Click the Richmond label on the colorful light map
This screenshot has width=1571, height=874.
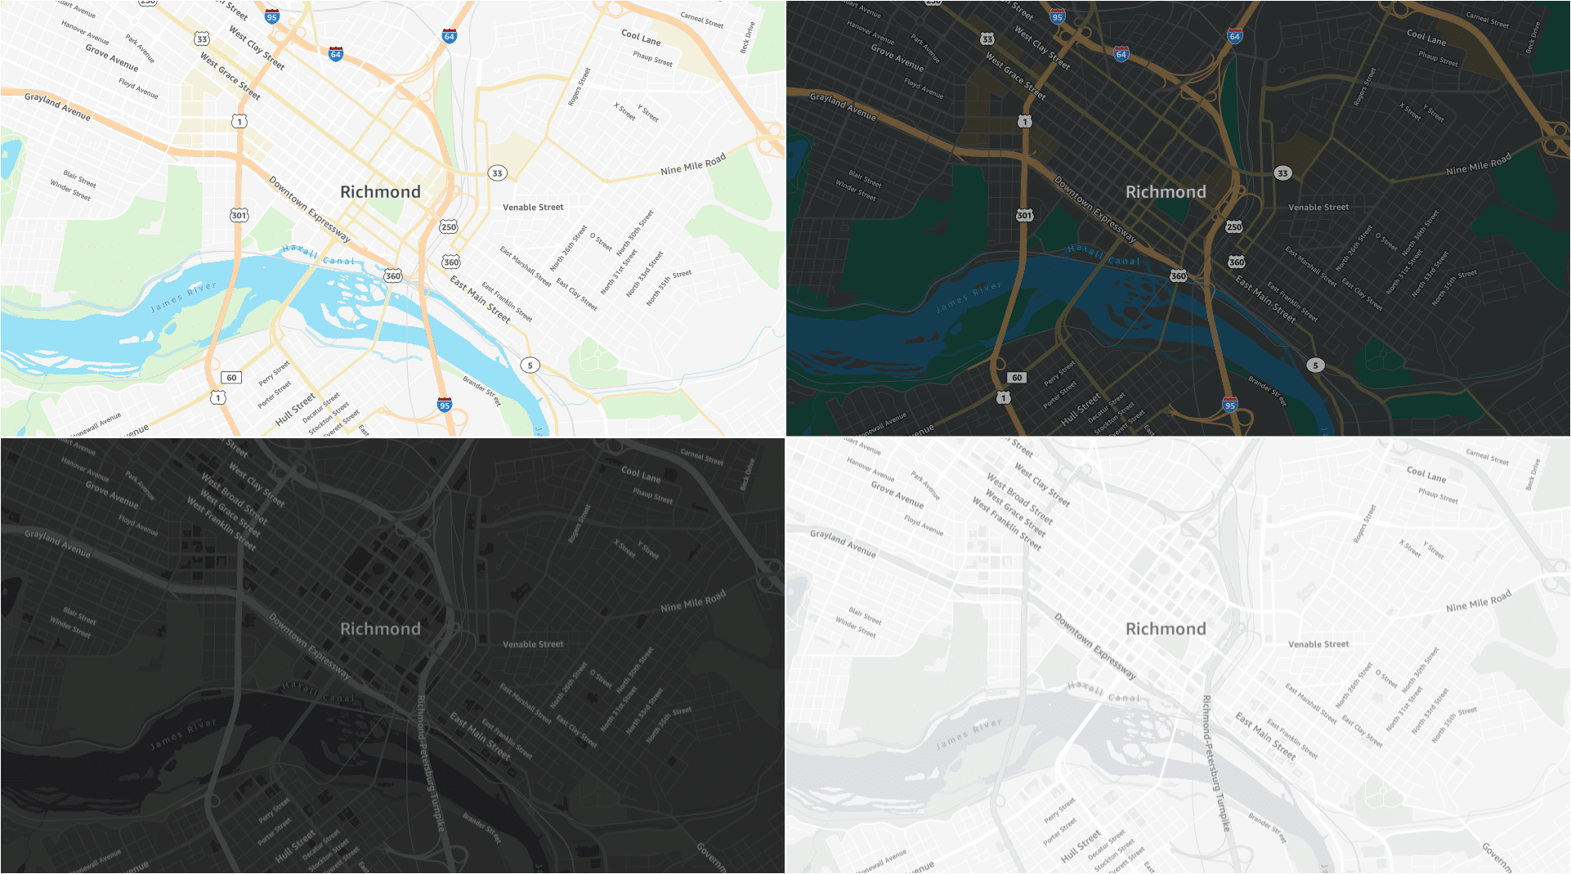[x=380, y=192]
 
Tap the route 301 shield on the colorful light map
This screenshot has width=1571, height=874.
[x=239, y=215]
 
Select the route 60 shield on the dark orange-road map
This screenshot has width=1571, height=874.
[x=1017, y=378]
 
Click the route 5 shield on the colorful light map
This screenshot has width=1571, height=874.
[x=530, y=365]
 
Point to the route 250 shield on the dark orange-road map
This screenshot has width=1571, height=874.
[x=1234, y=226]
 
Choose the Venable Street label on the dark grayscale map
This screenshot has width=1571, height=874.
[x=533, y=644]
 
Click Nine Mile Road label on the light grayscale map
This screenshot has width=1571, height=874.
[x=1478, y=601]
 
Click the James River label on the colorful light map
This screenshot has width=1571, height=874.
[x=184, y=297]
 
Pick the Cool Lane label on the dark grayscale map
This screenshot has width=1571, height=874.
[x=641, y=474]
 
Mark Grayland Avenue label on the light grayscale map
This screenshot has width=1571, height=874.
[x=843, y=543]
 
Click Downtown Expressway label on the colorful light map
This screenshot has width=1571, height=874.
[x=310, y=209]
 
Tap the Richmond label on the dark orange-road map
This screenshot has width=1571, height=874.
[x=1166, y=192]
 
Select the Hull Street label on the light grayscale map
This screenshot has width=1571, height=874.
[x=1081, y=847]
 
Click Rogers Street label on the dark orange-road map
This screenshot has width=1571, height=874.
[x=1364, y=87]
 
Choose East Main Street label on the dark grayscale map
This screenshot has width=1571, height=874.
[x=481, y=737]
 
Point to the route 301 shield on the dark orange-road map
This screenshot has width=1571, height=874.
[x=1024, y=215]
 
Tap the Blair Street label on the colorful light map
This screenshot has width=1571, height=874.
[x=80, y=179]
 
